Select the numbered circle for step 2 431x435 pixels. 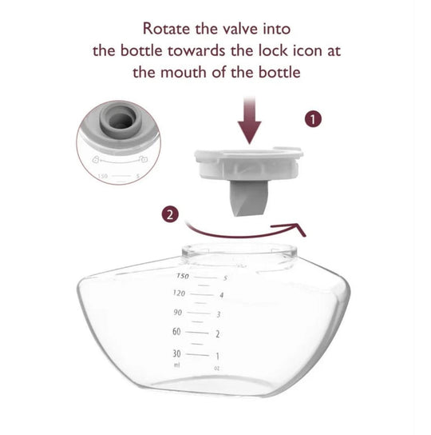click(x=169, y=214)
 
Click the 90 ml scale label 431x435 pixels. click(x=178, y=312)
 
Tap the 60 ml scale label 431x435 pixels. click(x=176, y=332)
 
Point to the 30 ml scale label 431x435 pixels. click(x=176, y=353)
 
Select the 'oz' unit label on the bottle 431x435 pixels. click(x=216, y=369)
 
